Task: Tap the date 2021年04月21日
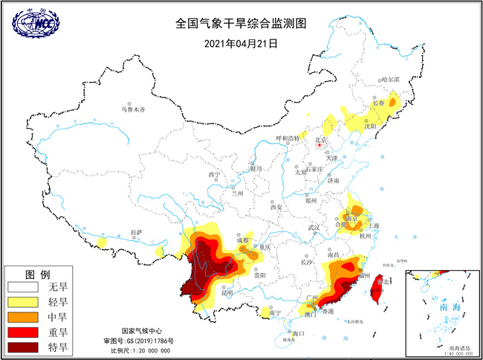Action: [x=241, y=43]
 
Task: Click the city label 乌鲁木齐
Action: [x=134, y=109]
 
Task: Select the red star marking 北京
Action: [x=320, y=146]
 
